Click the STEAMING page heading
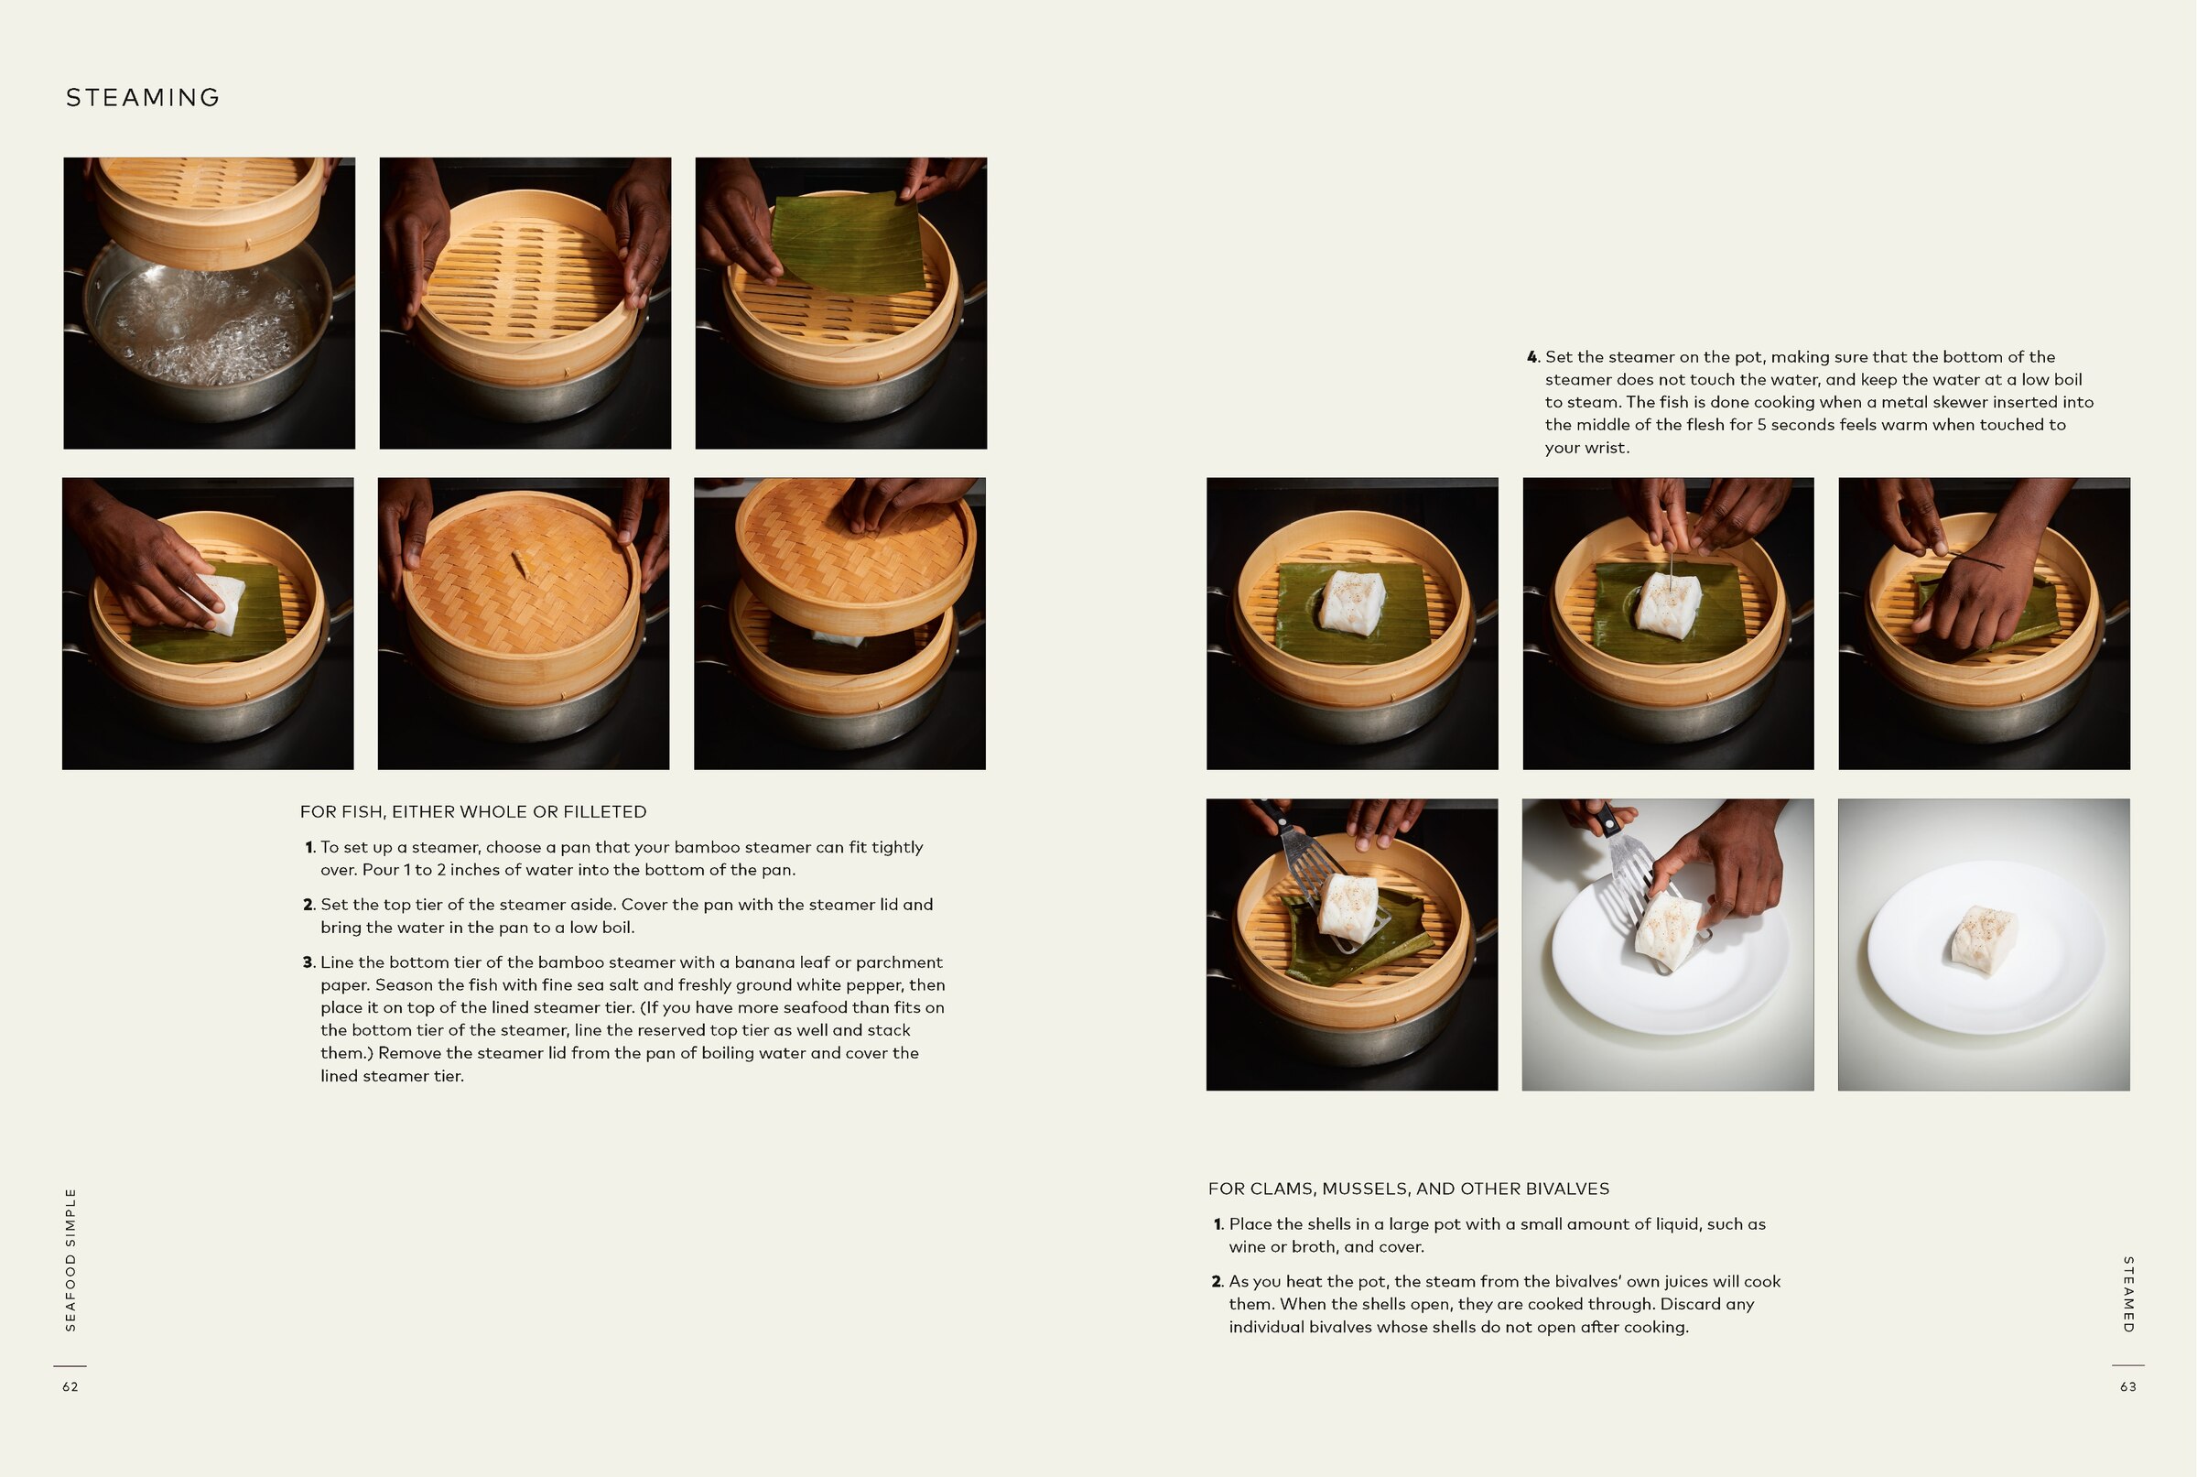142,98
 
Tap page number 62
70,1386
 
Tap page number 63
2127,1386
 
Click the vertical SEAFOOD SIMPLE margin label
70,1259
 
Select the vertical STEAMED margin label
2127,1294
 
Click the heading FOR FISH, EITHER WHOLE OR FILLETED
472,812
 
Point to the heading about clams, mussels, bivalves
1408,1189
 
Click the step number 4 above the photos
1532,357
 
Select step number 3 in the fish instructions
308,962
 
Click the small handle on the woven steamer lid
521,563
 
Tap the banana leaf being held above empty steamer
848,243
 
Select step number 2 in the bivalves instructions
1217,1282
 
